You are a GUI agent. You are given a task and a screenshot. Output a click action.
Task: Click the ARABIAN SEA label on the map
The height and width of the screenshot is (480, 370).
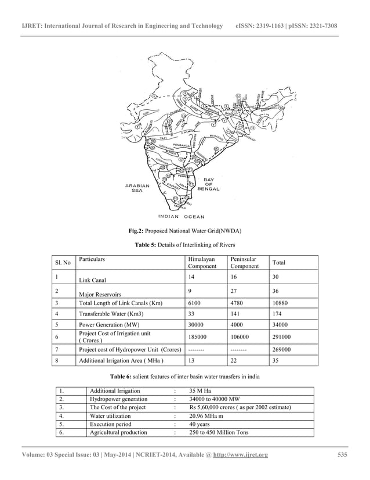coord(137,188)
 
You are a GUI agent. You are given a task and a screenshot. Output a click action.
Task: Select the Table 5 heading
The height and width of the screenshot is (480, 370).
coord(184,245)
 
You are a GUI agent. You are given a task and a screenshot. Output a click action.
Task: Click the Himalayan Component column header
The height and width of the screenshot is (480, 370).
coord(201,263)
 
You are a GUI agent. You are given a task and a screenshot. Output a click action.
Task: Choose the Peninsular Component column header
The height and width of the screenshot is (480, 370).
coord(244,263)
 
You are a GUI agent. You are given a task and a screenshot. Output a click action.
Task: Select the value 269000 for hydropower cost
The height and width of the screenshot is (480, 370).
coord(282,350)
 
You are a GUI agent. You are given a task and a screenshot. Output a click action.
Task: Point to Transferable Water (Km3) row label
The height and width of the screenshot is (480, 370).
coord(108,314)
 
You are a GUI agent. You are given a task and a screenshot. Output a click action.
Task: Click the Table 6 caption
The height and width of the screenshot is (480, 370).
coord(184,377)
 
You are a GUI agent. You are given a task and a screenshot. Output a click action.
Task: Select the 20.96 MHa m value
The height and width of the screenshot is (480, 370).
coord(211,416)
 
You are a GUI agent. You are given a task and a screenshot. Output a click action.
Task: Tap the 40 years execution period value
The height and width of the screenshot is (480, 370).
coord(201,424)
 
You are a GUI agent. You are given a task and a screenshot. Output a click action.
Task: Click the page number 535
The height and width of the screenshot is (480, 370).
coord(343,454)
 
